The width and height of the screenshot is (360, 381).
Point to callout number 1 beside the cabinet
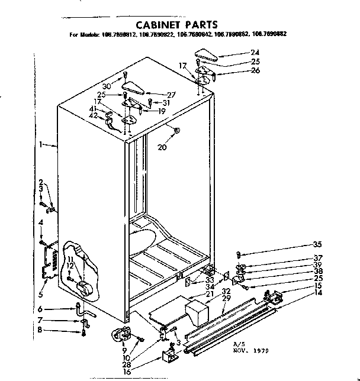click(40, 144)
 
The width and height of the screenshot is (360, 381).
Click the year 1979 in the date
click(260, 350)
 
